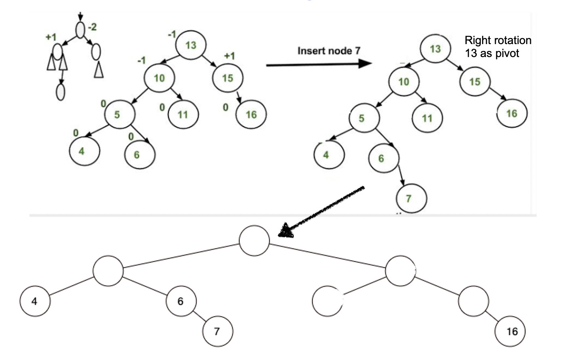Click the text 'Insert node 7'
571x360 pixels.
click(328, 51)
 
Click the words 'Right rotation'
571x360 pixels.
click(497, 40)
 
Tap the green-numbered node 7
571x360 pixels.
click(410, 198)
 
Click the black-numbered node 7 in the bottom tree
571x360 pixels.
click(218, 331)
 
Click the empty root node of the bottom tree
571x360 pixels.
click(254, 241)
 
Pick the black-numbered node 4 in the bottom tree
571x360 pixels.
click(35, 301)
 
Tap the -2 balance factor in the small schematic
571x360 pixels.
click(93, 27)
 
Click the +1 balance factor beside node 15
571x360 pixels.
click(229, 56)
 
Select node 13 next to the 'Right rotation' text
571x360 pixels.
click(435, 49)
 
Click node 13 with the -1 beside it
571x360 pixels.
click(190, 44)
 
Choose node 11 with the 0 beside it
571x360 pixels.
click(183, 114)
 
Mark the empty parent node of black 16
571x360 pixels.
click(474, 301)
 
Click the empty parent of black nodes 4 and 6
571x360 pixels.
click(108, 271)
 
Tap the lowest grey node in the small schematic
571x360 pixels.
click(60, 92)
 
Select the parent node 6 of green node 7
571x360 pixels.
click(383, 158)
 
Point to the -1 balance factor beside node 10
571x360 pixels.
click(141, 61)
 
